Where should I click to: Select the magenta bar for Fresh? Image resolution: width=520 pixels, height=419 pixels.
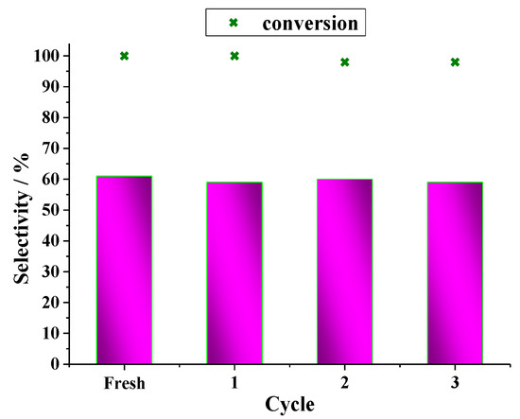pos(124,270)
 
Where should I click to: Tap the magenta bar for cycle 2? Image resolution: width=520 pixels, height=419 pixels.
pos(344,271)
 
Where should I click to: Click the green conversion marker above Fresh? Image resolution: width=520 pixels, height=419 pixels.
pos(124,56)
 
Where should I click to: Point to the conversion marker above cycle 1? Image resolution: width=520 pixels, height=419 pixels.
pos(234,56)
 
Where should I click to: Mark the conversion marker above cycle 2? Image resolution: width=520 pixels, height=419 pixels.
pos(344,62)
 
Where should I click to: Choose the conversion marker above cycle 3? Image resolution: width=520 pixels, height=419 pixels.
pos(455,62)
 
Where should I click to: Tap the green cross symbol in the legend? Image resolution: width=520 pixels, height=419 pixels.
pos(234,21)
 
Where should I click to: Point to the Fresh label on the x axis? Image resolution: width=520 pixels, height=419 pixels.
pos(124,383)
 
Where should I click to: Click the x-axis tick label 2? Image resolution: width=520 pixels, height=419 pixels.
pos(344,383)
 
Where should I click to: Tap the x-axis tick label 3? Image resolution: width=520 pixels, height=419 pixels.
pos(455,383)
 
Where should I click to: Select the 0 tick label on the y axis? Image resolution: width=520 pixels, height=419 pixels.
pos(58,364)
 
